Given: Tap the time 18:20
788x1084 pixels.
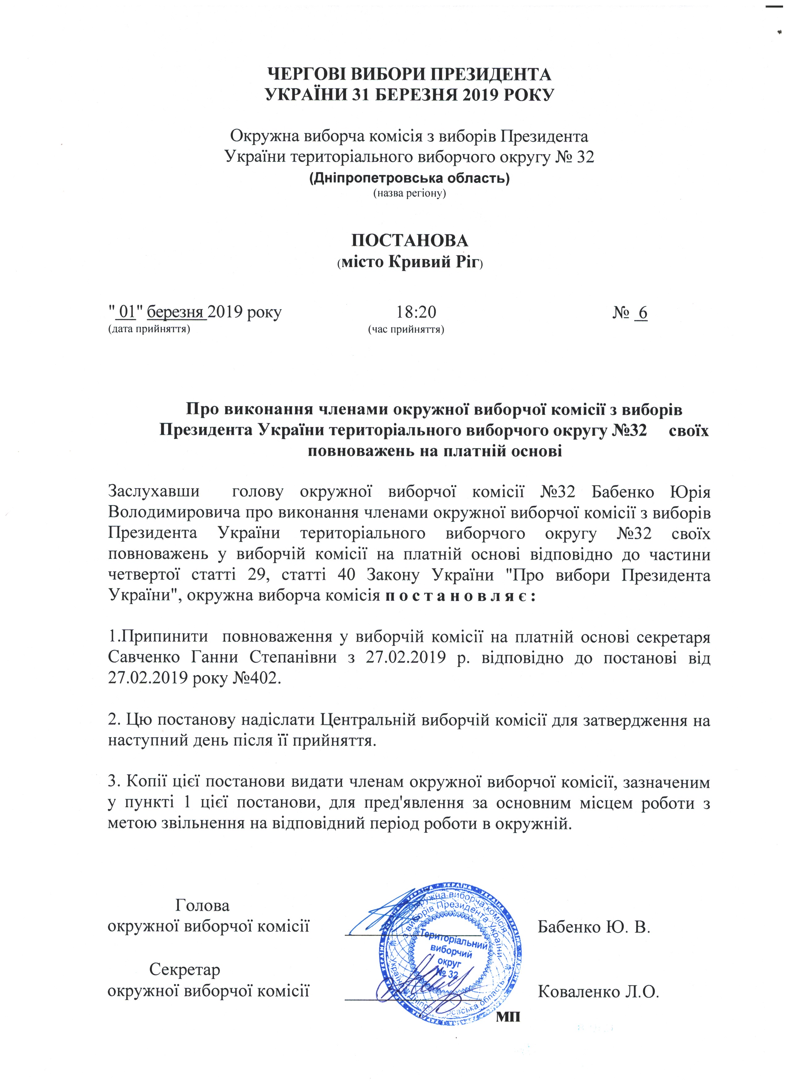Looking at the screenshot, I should point(415,313).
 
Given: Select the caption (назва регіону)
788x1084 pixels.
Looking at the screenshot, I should point(409,193).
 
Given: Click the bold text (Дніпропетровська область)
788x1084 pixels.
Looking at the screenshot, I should point(409,178).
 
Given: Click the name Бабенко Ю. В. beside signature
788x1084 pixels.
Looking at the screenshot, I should point(594,927).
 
